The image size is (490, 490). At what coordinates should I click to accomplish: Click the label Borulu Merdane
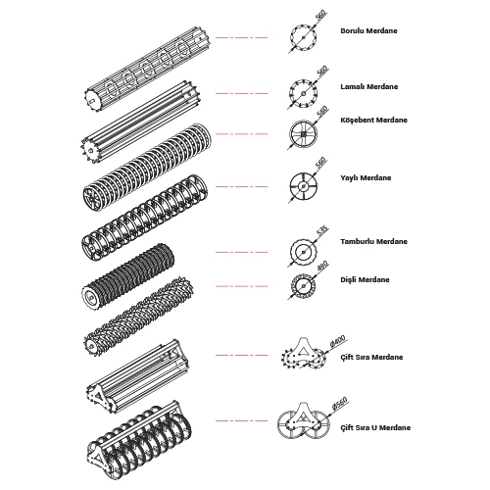(x=368, y=31)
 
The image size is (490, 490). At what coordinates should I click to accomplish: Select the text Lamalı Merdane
(x=369, y=87)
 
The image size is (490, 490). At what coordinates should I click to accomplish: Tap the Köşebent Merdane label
(x=373, y=120)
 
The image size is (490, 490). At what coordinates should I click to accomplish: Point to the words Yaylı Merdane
(x=366, y=178)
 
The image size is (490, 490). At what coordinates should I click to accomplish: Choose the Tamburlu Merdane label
(x=373, y=242)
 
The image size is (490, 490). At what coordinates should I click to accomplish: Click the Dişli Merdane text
(x=365, y=280)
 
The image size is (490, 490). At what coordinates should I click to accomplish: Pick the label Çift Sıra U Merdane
(x=375, y=427)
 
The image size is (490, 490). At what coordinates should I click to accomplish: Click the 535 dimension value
(x=322, y=230)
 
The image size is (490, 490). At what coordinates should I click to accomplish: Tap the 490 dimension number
(x=322, y=266)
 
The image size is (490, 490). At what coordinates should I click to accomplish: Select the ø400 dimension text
(x=338, y=341)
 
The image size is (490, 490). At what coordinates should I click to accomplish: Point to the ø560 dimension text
(x=339, y=403)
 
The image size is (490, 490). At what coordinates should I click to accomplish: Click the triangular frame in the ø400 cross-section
(x=303, y=350)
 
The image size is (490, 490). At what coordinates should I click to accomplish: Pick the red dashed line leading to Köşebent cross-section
(x=241, y=134)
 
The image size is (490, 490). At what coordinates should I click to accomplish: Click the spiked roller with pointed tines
(x=139, y=317)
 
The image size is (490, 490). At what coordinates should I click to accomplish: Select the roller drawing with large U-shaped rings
(x=140, y=440)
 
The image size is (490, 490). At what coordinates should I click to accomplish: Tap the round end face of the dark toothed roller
(x=89, y=296)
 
